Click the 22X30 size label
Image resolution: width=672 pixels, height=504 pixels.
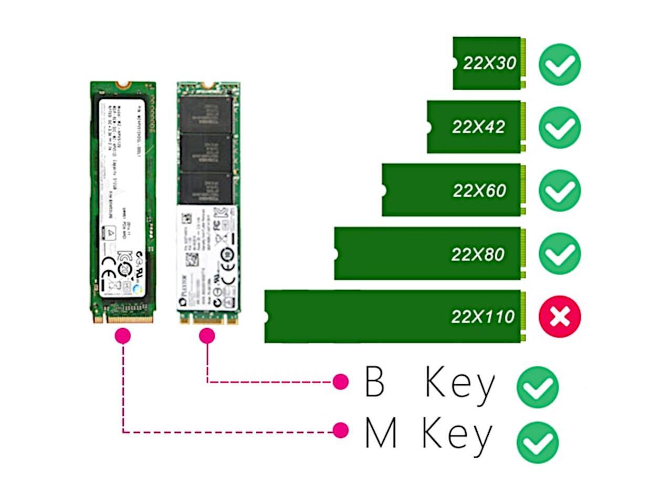tap(489, 63)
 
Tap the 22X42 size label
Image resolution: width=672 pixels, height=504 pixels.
tap(478, 127)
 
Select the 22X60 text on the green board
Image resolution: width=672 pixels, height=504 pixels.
tap(479, 190)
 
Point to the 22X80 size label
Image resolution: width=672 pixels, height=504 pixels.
tap(478, 254)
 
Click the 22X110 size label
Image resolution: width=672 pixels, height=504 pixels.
tap(482, 317)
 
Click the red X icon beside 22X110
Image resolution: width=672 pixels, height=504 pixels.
tap(560, 317)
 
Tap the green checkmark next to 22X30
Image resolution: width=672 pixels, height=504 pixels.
tap(560, 65)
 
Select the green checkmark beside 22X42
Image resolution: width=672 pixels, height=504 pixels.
tap(560, 128)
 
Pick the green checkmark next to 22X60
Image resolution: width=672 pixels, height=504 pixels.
tap(560, 191)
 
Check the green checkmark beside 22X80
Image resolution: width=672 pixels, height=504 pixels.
tap(560, 254)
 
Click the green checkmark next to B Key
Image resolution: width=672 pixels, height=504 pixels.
tap(538, 387)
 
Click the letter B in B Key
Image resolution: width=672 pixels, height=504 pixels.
tap(375, 382)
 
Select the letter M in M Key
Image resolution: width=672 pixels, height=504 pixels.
tap(380, 434)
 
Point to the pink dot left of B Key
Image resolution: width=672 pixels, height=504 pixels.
tap(341, 382)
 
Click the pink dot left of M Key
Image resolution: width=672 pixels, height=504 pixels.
tap(341, 431)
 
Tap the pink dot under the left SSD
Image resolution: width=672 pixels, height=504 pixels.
tap(123, 335)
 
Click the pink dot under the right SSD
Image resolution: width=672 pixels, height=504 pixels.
tap(207, 335)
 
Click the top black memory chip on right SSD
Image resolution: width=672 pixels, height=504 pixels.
tap(205, 113)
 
